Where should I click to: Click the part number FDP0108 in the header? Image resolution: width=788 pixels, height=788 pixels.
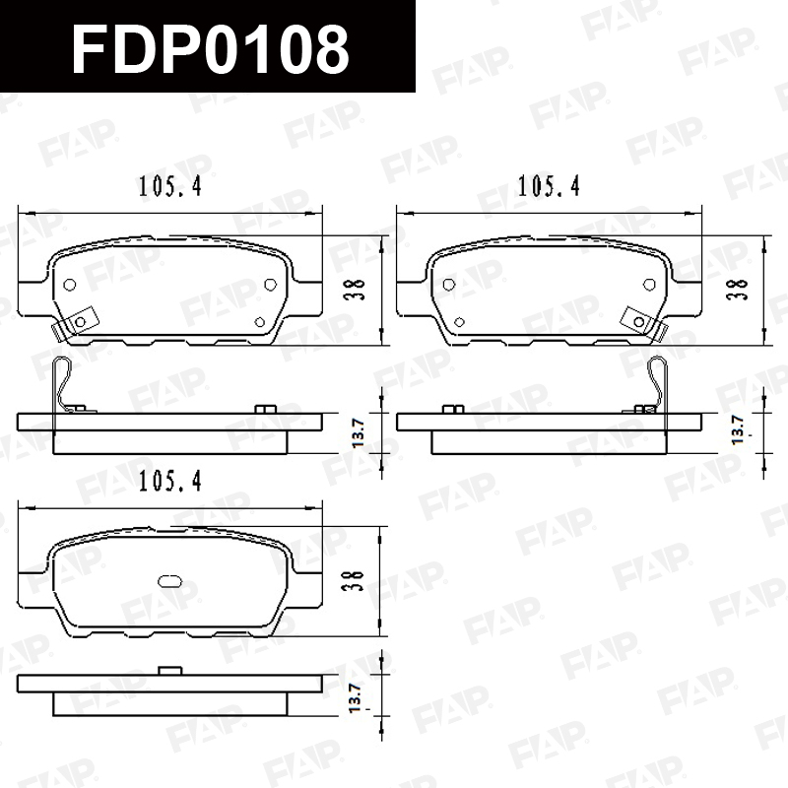tap(211, 49)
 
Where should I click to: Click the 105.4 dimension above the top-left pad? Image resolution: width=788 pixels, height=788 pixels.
tap(169, 186)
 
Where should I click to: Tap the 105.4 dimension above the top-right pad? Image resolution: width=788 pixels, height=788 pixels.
tap(549, 186)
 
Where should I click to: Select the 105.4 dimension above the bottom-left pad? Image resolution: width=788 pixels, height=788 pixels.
tap(169, 482)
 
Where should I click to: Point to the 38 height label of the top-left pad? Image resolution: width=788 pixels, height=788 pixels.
tap(355, 289)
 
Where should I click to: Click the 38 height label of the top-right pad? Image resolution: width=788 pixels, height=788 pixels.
tap(737, 289)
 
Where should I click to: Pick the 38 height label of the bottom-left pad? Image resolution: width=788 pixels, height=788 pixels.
tap(353, 580)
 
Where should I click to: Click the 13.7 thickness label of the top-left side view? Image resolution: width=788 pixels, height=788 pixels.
tap(358, 432)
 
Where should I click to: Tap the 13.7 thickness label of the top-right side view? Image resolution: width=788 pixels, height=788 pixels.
tap(738, 429)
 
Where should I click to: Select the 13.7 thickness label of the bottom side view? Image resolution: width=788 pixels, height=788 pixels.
tap(355, 697)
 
